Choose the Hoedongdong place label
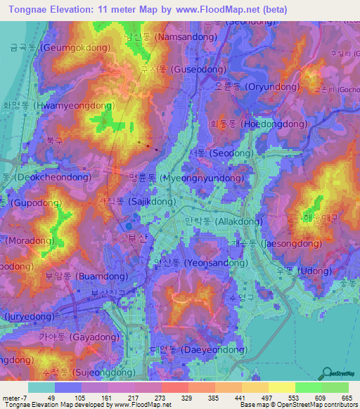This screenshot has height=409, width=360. tap(258, 124)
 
